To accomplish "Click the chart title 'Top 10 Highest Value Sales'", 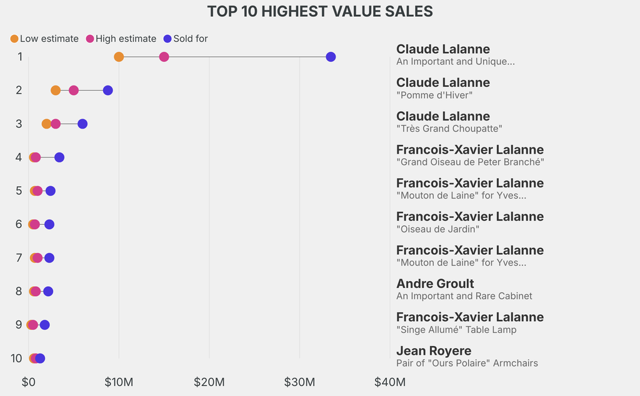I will coord(320,12).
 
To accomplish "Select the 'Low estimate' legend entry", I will coord(44,39).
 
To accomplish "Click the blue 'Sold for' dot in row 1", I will coord(331,57).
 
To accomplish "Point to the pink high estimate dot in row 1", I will coord(164,57).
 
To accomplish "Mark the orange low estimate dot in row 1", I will coord(119,57).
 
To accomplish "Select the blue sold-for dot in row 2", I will coord(107,91).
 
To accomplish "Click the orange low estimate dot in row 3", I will coord(46,124).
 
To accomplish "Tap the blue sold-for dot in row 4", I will coord(59,157).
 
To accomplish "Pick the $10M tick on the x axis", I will coord(119,382).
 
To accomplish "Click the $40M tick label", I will coord(389,382).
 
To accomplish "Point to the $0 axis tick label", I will coord(28,382).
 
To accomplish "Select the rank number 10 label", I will coord(17,359).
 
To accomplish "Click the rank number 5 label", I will coord(19,191).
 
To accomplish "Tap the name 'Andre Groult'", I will coord(435,284).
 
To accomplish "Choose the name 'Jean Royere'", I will coord(434,350).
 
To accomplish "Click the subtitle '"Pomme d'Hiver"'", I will coord(434,95).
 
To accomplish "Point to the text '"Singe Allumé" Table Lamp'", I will coord(456,329).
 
